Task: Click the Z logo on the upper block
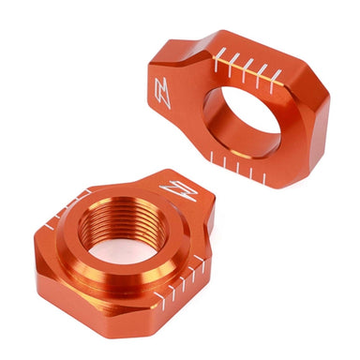(162, 94)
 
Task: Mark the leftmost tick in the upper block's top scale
(217, 62)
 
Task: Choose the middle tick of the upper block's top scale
(247, 71)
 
